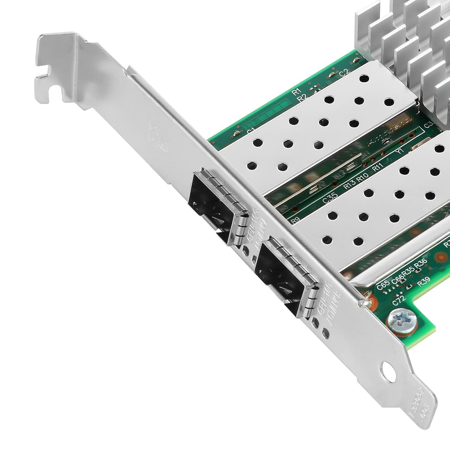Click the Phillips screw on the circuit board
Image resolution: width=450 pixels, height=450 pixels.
(402, 322)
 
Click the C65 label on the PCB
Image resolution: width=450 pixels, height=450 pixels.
(383, 284)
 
